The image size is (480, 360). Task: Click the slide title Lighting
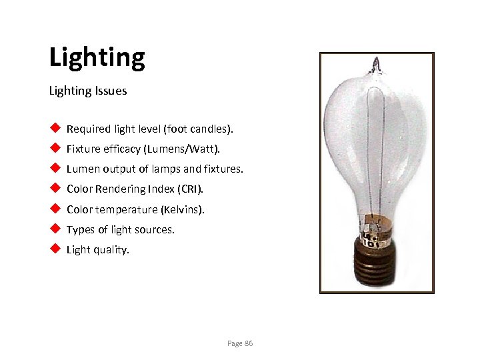[97, 59]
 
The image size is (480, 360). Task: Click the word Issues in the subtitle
[111, 91]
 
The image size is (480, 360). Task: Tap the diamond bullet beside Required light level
[55, 128]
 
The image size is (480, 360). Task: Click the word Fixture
[83, 149]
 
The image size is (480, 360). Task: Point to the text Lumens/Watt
[205, 149]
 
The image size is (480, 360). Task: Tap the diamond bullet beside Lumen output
[55, 169]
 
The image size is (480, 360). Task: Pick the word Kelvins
[182, 209]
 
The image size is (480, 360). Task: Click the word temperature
[127, 209]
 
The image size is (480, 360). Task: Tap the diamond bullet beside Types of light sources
[55, 229]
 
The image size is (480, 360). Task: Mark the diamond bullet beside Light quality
[55, 249]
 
